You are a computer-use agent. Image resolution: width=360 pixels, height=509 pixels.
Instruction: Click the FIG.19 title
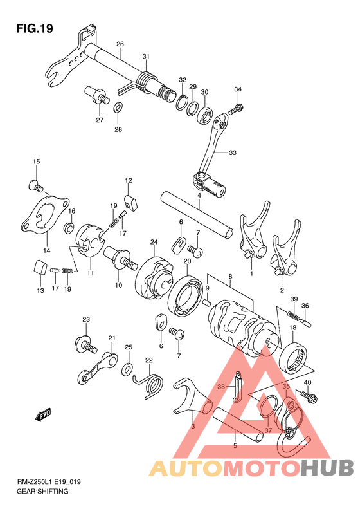point(35,29)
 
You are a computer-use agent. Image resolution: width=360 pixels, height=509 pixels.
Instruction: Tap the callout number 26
point(120,44)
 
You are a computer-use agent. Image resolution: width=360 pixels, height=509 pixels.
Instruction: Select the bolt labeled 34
point(236,109)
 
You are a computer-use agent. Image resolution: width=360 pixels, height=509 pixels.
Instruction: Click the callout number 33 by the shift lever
point(233,153)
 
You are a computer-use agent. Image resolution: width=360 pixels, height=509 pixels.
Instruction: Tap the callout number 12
point(129,180)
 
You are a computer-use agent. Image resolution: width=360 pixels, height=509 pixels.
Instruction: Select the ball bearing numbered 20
point(185,297)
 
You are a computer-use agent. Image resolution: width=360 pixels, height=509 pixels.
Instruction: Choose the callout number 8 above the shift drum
point(230,277)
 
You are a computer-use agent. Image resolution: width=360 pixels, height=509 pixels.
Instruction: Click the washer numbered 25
point(129,369)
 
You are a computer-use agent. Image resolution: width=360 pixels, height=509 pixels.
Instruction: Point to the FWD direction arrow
point(43,415)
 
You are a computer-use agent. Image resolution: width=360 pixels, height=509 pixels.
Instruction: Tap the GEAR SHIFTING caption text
point(42,491)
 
